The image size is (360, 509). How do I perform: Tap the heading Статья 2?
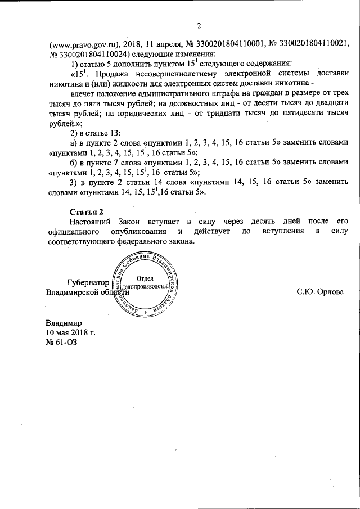pos(87,211)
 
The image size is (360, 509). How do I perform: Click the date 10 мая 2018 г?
pos(70,332)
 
